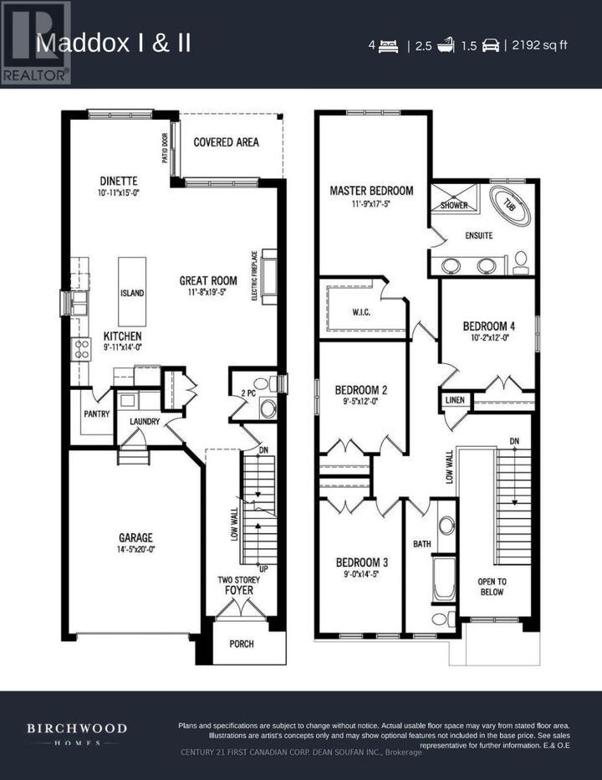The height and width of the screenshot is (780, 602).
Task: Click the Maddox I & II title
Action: click(113, 44)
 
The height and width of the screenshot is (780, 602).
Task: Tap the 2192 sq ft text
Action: click(542, 45)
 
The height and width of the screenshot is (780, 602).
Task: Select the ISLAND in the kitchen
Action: click(131, 292)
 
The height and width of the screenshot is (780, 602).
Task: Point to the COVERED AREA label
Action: click(226, 142)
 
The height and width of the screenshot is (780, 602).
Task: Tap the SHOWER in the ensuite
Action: click(454, 205)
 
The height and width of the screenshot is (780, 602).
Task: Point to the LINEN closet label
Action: click(455, 400)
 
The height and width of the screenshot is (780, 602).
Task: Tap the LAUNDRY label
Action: click(144, 421)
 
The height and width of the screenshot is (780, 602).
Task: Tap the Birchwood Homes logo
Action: click(76, 734)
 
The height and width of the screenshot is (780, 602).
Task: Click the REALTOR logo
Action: click(36, 43)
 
